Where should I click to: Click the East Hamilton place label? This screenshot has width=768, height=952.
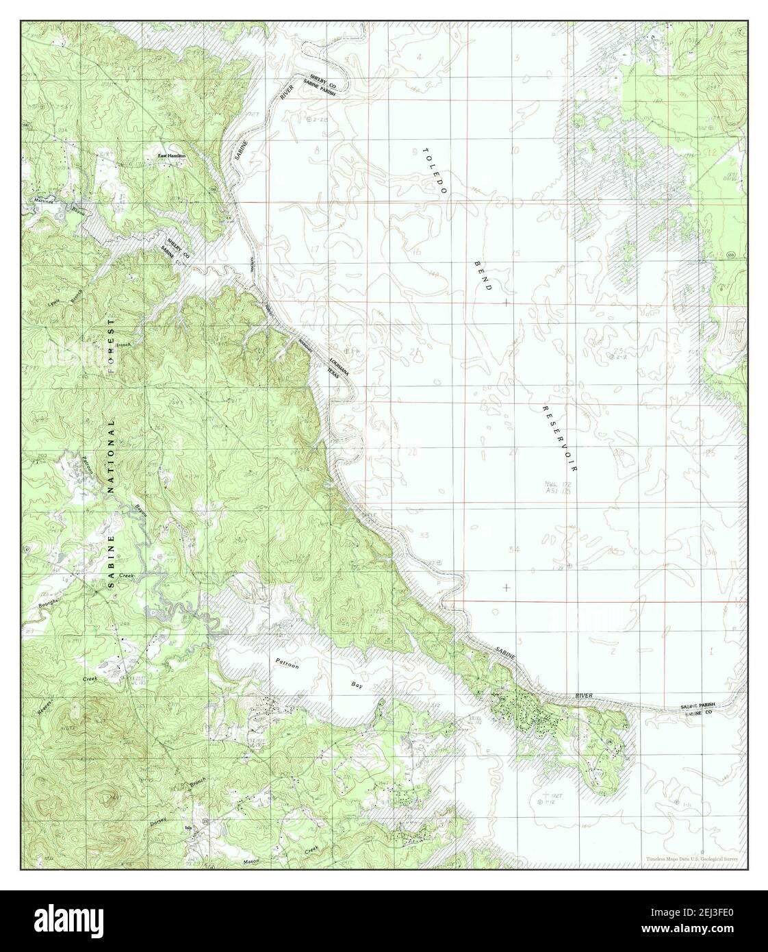point(172,156)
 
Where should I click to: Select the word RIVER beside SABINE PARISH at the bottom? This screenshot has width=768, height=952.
point(584,696)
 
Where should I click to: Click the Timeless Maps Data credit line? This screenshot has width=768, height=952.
point(696,858)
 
